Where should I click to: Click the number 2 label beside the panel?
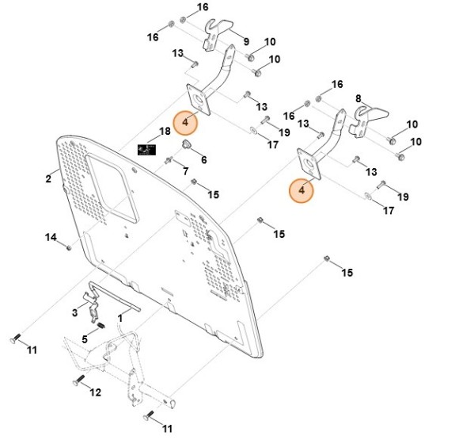[48, 179]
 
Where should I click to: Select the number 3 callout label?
[74, 313]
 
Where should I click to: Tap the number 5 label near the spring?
[85, 339]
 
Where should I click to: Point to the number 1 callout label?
[119, 317]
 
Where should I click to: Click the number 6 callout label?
[203, 159]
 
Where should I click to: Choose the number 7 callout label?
[185, 171]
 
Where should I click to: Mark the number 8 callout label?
[358, 98]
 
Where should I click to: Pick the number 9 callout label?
[245, 41]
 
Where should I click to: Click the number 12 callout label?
[97, 392]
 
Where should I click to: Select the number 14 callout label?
[50, 237]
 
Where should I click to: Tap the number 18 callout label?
[165, 131]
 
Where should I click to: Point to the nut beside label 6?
[187, 147]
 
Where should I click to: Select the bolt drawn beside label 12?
[79, 382]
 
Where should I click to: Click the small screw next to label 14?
[69, 247]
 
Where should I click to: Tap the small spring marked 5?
[101, 326]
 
